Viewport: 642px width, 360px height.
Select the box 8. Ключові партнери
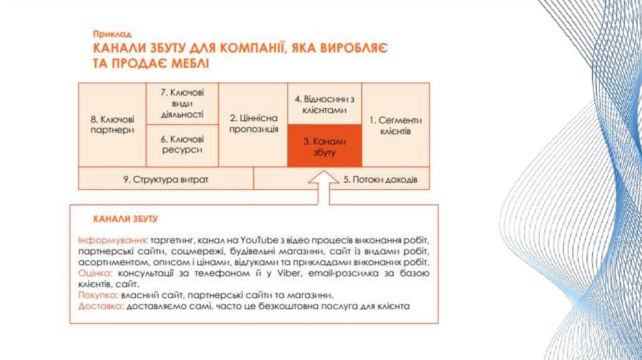112,124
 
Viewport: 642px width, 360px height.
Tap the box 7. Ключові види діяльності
182,103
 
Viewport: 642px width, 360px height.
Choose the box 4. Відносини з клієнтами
324,103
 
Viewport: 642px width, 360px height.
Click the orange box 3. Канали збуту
324,146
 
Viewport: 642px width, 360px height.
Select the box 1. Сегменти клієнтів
395,124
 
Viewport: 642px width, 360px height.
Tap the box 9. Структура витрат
166,179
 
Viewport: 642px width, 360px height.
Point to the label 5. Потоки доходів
379,179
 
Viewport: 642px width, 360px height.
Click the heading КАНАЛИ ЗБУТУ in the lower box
125,220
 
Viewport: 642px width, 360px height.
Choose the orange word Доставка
101,306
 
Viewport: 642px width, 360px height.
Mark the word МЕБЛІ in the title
186,63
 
